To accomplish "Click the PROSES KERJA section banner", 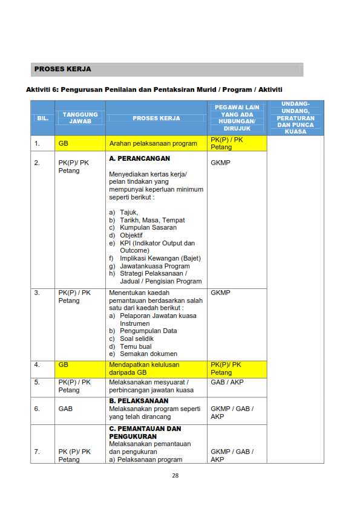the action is [x=166, y=70].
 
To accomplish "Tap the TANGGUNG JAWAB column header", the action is [x=80, y=118].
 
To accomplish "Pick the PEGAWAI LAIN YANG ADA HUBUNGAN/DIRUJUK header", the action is [x=237, y=118].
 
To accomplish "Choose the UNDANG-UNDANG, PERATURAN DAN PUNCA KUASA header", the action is [x=295, y=117].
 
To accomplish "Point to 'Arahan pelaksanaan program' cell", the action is [x=154, y=144].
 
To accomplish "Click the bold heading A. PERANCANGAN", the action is [x=139, y=158].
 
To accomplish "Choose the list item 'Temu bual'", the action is [x=136, y=346].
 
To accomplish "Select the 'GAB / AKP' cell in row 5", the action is [x=227, y=383].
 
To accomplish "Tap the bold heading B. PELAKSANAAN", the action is [x=139, y=401].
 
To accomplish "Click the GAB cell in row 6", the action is [x=66, y=409].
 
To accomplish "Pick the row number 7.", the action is [x=38, y=452].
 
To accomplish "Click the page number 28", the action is [x=175, y=475].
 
